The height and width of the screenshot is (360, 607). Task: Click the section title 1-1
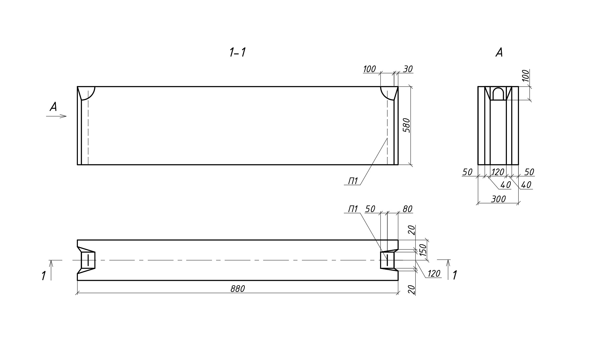(x=237, y=52)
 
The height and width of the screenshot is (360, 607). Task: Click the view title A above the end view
(x=499, y=52)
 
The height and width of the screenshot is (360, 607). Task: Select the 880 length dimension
(x=237, y=289)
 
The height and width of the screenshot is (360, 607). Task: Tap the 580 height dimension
(x=406, y=125)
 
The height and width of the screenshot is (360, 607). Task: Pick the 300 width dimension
(x=498, y=199)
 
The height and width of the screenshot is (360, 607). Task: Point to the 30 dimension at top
(x=408, y=69)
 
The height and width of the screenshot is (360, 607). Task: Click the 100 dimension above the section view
(x=369, y=69)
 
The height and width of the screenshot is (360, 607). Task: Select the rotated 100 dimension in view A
(x=526, y=76)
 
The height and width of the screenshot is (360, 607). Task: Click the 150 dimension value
(x=423, y=250)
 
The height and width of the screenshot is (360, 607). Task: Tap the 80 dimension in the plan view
(x=407, y=209)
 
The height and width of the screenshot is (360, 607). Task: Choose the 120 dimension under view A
(x=498, y=172)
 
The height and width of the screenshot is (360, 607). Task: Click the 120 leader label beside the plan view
(x=433, y=273)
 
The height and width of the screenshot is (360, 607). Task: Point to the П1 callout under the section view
(x=353, y=181)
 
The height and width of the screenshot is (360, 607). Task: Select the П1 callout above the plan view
(x=353, y=209)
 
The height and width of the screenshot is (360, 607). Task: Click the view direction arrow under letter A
(x=57, y=116)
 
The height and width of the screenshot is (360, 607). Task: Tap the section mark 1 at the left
(x=44, y=275)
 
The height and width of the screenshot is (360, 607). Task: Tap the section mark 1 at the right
(x=454, y=275)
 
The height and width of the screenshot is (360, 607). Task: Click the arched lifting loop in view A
(x=498, y=94)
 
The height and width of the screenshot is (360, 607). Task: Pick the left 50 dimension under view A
(x=467, y=172)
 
